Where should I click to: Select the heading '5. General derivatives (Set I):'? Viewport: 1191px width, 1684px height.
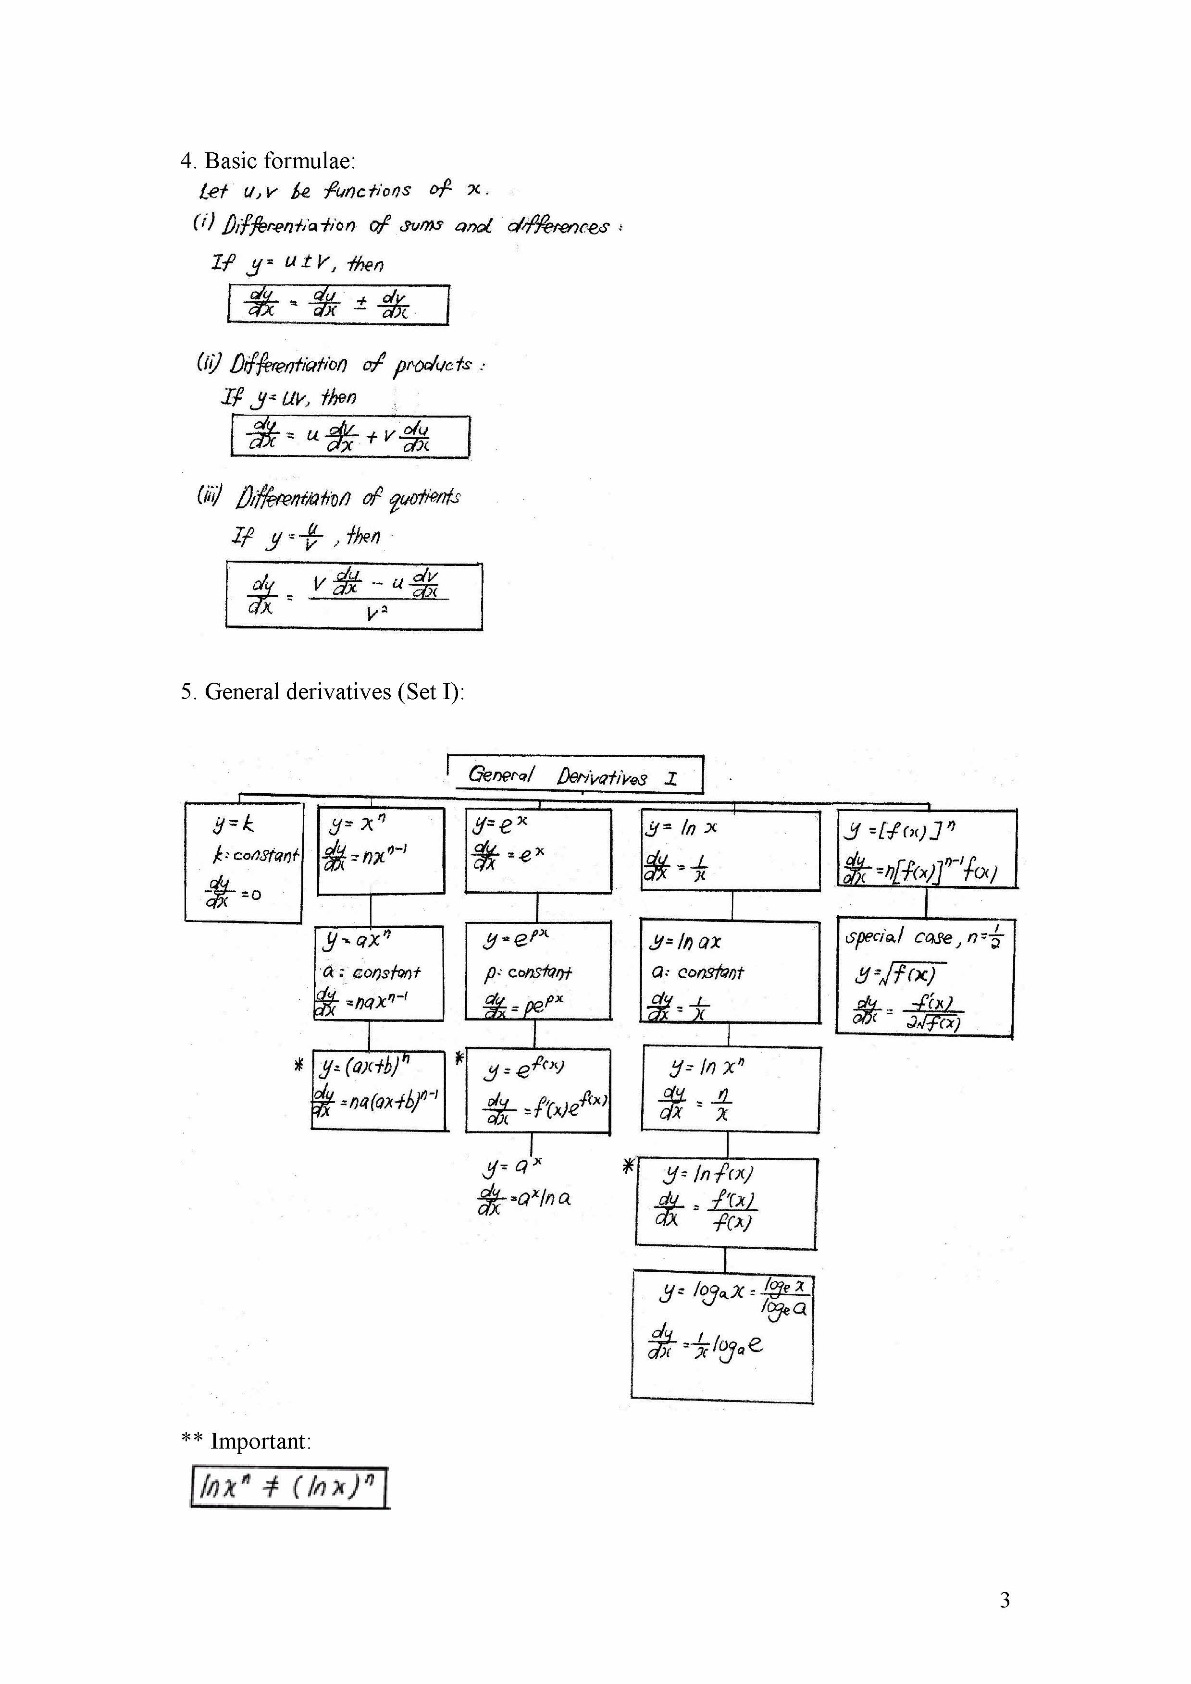tap(323, 692)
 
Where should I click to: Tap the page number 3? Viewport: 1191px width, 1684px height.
tap(1005, 1599)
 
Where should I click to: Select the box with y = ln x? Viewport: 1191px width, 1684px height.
tap(730, 851)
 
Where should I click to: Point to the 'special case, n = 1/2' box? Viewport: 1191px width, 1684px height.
tap(925, 977)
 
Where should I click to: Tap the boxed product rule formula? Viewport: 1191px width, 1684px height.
tap(350, 436)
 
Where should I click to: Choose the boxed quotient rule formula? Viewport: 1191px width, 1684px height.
tap(354, 596)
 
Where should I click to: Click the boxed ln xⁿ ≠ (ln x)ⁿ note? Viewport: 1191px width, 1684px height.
tap(289, 1487)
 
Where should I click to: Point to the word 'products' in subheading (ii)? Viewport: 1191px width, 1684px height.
tap(433, 365)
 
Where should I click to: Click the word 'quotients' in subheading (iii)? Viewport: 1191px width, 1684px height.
tap(424, 498)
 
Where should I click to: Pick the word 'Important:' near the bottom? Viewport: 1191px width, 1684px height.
tap(261, 1441)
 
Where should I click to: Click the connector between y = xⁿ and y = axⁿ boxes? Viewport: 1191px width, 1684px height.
tap(371, 910)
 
